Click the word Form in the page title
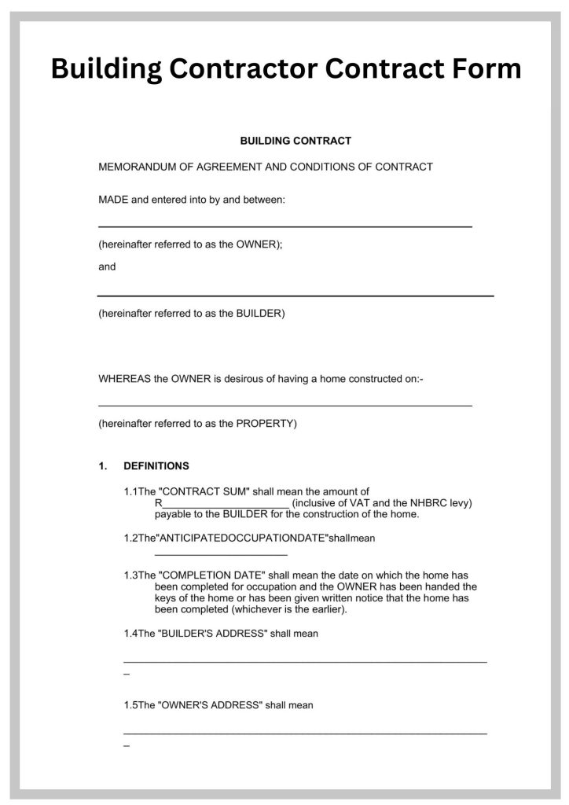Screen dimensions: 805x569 479,68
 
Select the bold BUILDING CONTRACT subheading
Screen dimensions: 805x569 295,141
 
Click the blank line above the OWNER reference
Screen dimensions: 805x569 284,226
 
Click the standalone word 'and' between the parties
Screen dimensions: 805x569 107,266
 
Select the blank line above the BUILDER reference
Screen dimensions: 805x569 296,296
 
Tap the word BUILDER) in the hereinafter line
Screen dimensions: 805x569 261,314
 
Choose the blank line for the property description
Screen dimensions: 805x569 284,406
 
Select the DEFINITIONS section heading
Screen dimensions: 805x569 156,466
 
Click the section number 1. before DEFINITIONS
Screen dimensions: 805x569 103,466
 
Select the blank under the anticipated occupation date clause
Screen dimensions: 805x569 210,556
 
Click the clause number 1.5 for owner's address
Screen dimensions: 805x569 130,705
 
